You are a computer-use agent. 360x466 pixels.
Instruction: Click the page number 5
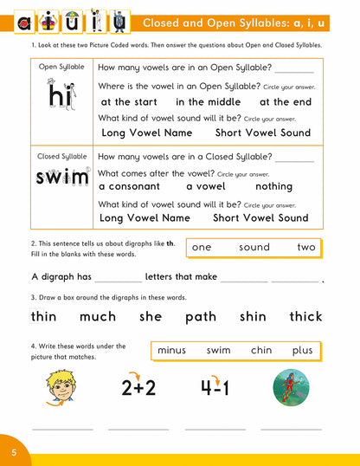pyautogui.click(x=14, y=452)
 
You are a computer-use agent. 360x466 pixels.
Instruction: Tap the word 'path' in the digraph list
pyautogui.click(x=200, y=316)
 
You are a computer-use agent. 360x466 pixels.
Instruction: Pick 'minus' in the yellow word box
pyautogui.click(x=175, y=351)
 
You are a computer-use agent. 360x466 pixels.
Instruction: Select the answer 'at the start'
pyautogui.click(x=127, y=102)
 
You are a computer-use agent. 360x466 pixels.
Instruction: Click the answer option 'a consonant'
pyautogui.click(x=129, y=186)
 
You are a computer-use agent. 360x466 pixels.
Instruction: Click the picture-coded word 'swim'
pyautogui.click(x=62, y=179)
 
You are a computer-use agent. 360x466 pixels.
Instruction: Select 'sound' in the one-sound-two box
pyautogui.click(x=254, y=247)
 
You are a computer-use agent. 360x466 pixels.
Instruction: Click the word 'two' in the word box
pyautogui.click(x=306, y=247)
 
